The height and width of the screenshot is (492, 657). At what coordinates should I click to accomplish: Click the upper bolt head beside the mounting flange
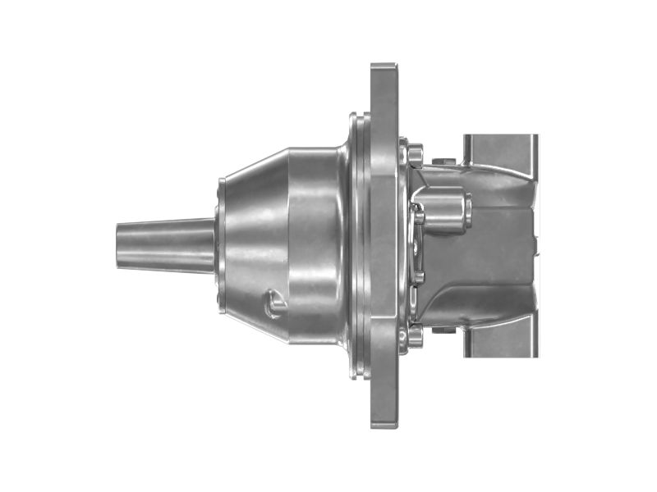click(x=415, y=153)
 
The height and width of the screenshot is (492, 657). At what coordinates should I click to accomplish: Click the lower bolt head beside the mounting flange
click(x=415, y=336)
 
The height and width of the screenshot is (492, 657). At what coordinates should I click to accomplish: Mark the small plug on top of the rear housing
click(x=444, y=161)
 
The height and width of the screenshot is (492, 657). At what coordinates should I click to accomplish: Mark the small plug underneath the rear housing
click(x=444, y=330)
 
